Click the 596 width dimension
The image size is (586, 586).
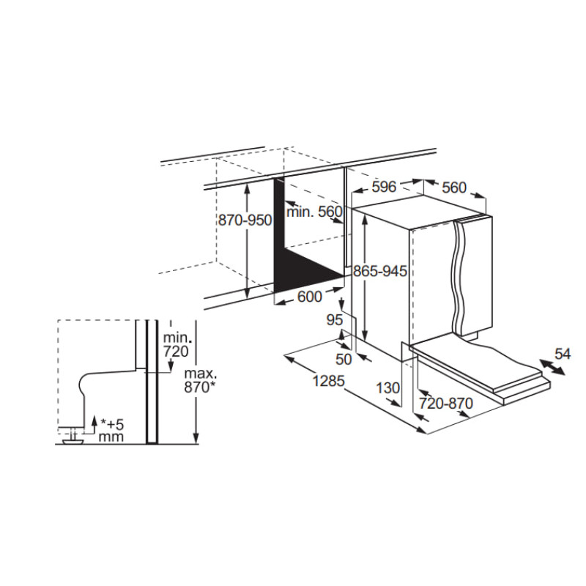(384, 186)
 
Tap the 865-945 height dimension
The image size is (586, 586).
(379, 270)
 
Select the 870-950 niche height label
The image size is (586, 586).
(245, 220)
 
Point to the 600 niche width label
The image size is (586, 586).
(309, 297)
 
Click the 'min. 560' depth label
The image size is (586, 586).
(314, 212)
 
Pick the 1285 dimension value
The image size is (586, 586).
(328, 381)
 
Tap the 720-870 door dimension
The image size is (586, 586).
(446, 404)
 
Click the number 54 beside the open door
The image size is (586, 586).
(563, 354)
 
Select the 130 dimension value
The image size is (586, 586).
(388, 388)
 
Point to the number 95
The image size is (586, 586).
(335, 320)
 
